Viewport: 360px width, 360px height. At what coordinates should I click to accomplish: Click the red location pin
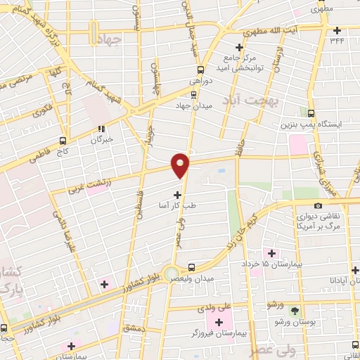pyautogui.click(x=180, y=165)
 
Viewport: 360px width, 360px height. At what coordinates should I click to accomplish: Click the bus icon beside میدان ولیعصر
pyautogui.click(x=192, y=267)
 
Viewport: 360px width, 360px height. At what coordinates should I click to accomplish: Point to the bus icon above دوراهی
pyautogui.click(x=201, y=70)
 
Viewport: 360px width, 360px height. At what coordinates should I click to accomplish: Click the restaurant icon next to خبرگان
pyautogui.click(x=102, y=129)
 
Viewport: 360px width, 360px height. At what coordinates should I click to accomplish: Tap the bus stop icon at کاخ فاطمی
pyautogui.click(x=63, y=141)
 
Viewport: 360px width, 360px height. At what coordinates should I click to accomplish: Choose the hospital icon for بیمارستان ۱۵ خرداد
pyautogui.click(x=271, y=252)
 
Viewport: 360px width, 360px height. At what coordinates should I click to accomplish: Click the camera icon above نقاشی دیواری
pyautogui.click(x=319, y=205)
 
